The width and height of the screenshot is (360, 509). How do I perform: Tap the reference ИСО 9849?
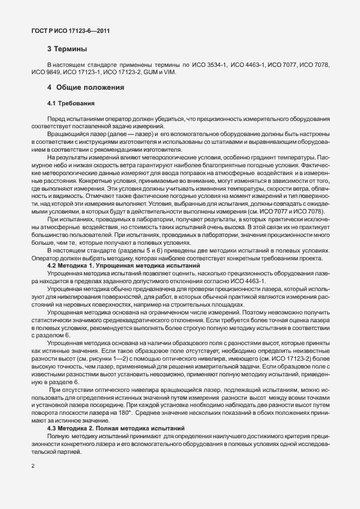(x=45, y=73)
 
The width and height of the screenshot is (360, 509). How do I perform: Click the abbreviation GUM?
(x=149, y=73)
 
